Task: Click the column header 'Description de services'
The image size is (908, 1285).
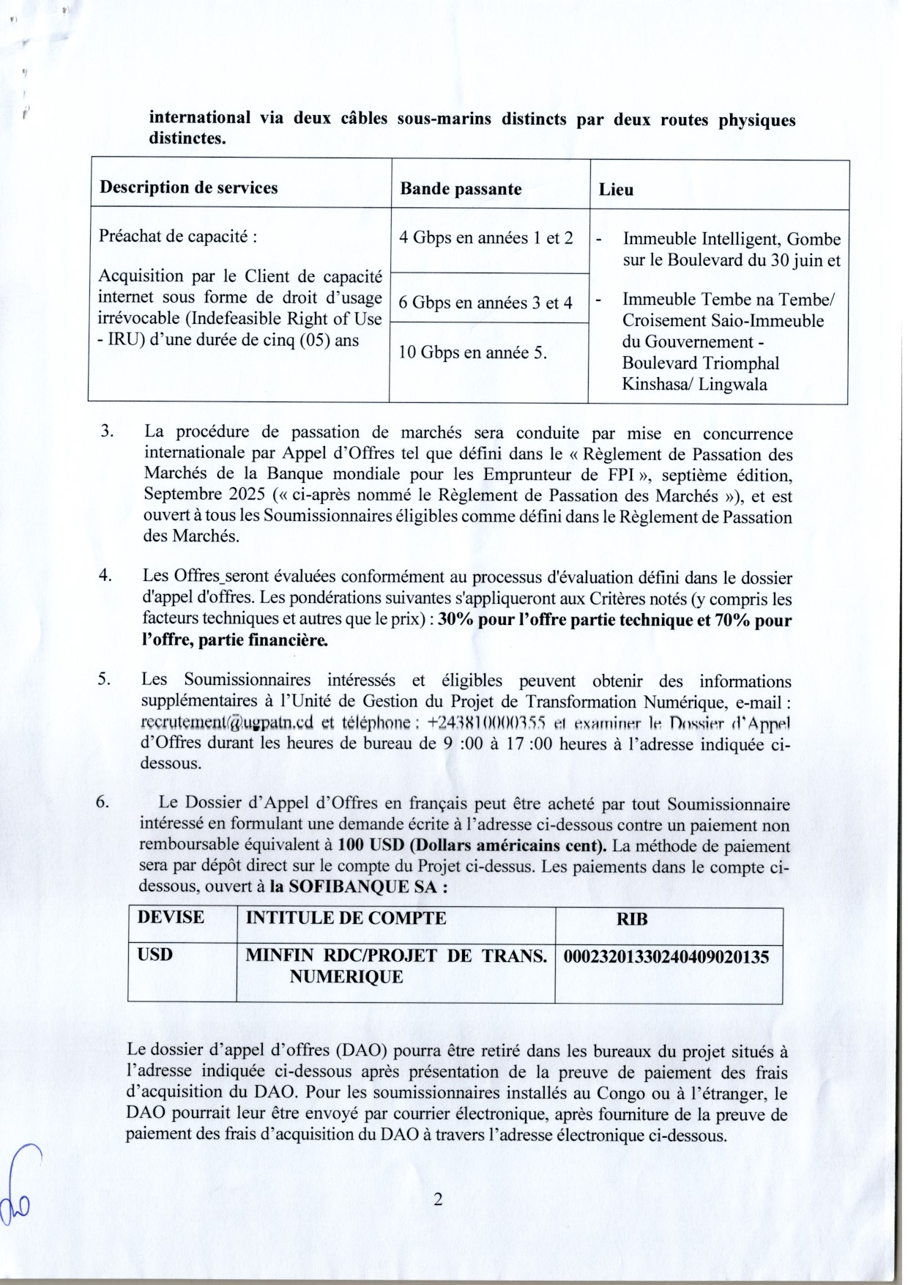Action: point(189,188)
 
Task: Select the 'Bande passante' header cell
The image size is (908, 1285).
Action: point(461,189)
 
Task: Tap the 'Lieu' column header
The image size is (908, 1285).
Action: point(616,190)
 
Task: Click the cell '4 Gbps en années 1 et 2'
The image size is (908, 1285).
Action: point(485,238)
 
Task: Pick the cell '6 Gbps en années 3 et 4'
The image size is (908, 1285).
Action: point(485,303)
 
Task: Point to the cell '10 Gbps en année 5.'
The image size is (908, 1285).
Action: point(473,352)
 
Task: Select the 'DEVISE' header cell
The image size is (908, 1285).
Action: point(171,917)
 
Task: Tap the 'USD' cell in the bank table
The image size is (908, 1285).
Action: point(155,955)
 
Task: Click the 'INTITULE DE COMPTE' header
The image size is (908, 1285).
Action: point(346,918)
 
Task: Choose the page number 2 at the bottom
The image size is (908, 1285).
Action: point(438,1199)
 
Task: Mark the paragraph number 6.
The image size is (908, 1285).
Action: point(103,802)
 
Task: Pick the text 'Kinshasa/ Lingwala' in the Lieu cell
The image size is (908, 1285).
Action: point(694,384)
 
